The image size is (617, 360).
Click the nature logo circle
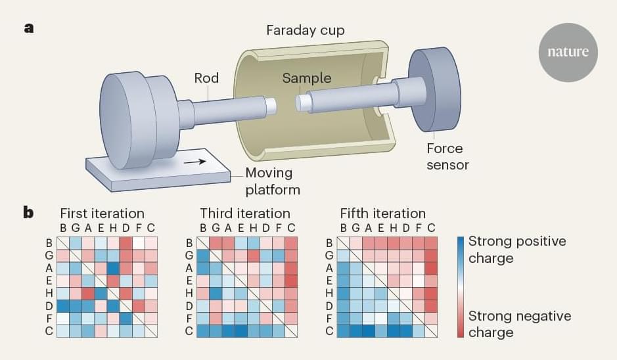point(568,53)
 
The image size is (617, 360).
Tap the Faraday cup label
point(305,30)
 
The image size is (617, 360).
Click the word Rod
point(206,78)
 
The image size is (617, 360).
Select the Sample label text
point(307,78)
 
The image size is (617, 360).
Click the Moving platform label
point(272,181)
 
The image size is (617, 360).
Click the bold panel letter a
point(29,28)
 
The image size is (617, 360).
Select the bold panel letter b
point(30,214)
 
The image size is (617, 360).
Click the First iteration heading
point(102,214)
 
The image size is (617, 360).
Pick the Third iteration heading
point(245,214)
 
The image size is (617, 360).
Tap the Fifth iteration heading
point(383,214)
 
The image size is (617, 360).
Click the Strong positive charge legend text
point(516,250)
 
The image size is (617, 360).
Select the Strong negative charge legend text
point(519,324)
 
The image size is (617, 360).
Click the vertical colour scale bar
point(460,286)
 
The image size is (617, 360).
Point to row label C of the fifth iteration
point(330,330)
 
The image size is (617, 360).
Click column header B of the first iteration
point(62,228)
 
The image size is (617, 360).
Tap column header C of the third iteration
point(291,228)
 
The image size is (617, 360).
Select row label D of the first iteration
point(49,305)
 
